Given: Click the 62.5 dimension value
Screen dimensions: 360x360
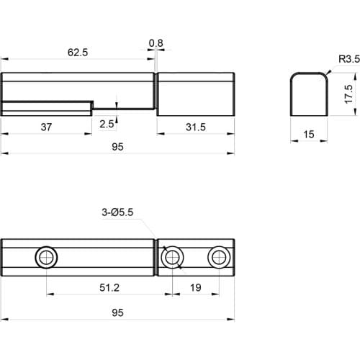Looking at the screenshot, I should pos(78,52).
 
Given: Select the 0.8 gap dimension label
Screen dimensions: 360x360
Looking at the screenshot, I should pos(156,44).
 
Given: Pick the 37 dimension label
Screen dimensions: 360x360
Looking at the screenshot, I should pos(46,127).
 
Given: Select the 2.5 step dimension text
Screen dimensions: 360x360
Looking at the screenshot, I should pos(107,124).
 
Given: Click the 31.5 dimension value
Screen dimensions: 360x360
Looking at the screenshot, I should pos(196,127).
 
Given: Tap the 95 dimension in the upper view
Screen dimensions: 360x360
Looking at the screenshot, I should pos(118,146).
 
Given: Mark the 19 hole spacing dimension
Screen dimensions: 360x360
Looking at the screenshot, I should pos(195,288).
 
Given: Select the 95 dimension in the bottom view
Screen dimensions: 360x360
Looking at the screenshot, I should pos(118,312).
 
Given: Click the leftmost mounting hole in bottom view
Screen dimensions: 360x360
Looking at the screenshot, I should pos(47,257).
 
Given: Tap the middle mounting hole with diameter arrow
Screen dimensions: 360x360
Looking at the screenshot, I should pos(174,257).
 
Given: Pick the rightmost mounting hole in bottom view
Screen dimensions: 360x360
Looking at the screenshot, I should pos(217,257).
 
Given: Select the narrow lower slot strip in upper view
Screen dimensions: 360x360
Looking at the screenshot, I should pos(46,107).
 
